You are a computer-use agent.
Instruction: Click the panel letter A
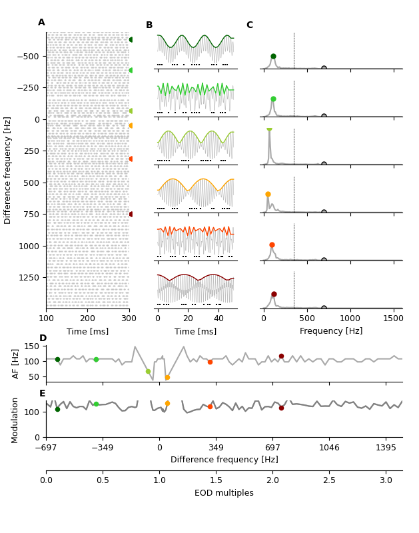41,23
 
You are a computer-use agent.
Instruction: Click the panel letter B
149,25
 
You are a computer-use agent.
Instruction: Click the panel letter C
250,25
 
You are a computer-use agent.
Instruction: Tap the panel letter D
43,338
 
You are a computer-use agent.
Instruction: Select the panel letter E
43,394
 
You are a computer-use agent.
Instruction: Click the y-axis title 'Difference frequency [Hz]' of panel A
8,170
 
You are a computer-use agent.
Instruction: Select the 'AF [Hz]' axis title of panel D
16,363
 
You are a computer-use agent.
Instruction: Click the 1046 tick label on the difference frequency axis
329,448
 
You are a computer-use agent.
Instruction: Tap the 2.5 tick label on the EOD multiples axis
329,480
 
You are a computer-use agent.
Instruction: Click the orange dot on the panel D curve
167,377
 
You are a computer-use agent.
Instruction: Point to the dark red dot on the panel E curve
281,408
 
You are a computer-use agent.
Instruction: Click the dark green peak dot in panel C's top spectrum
273,57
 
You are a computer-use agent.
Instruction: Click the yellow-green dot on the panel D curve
148,371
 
